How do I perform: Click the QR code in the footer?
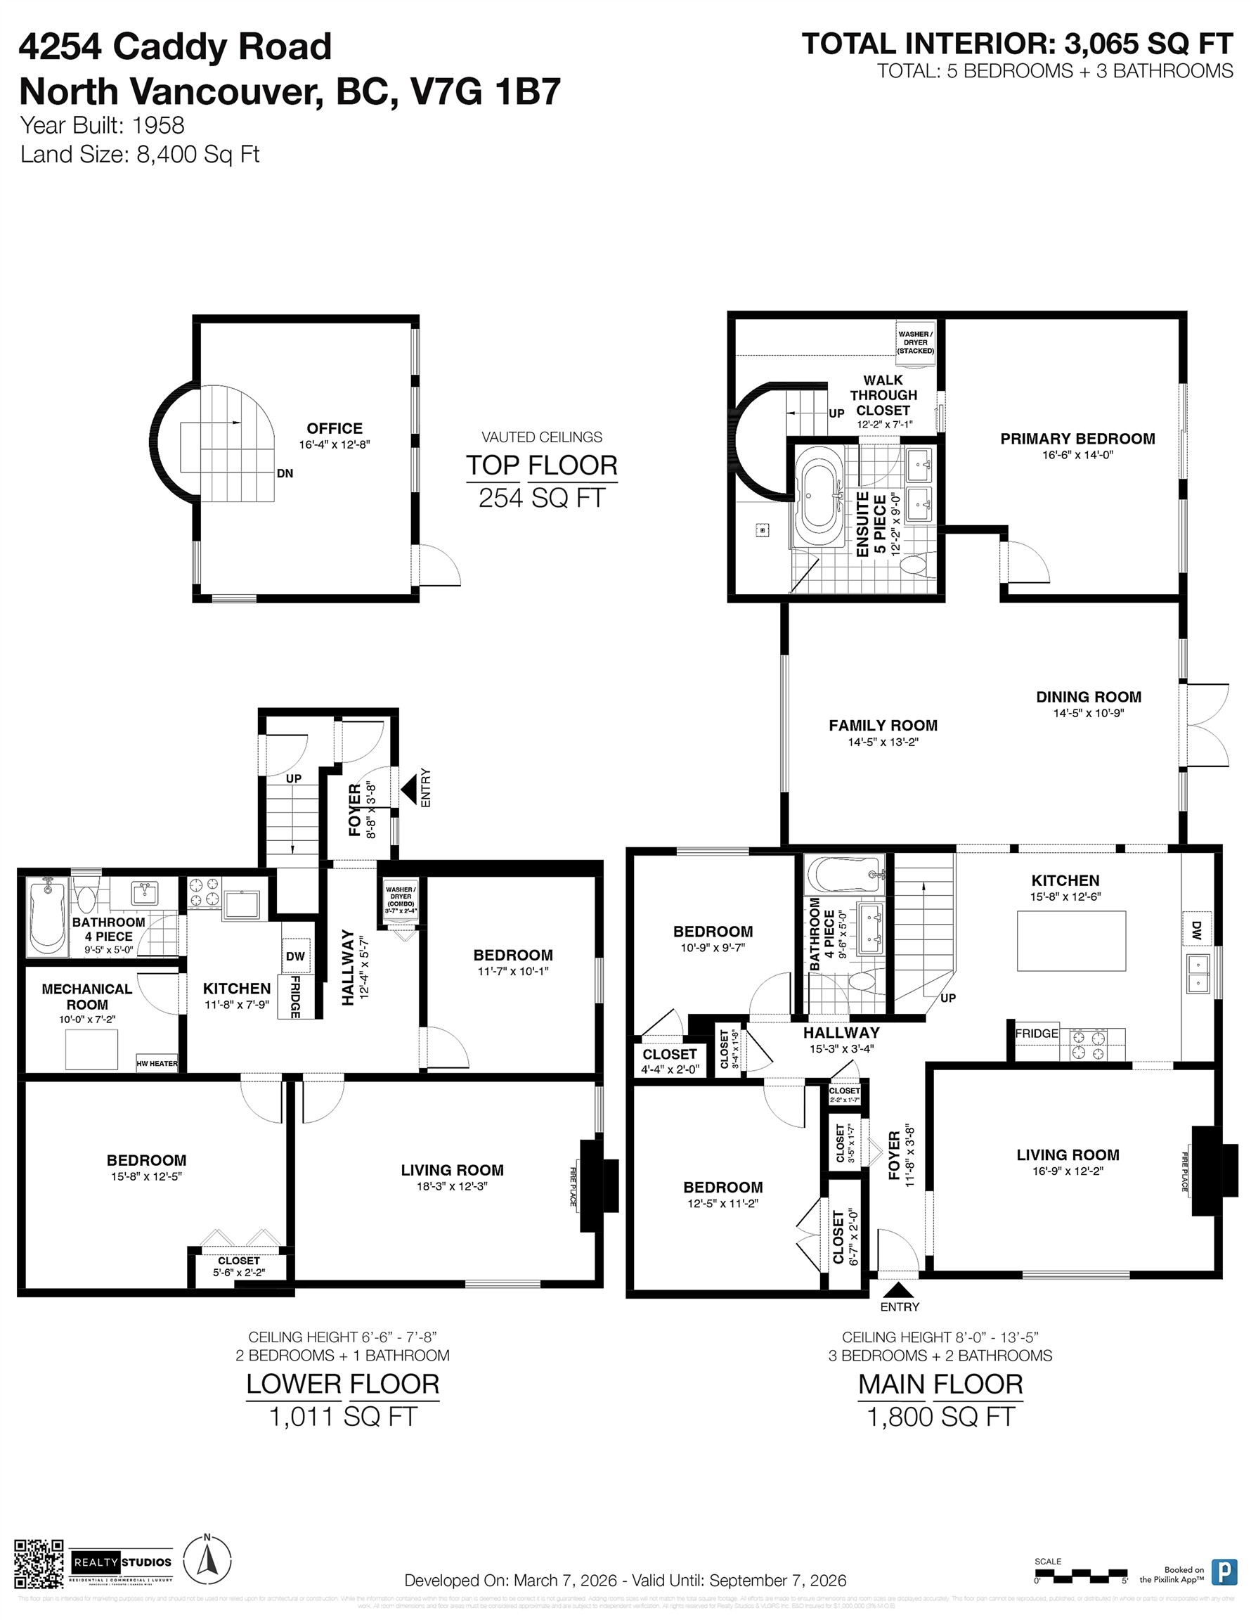[39, 1562]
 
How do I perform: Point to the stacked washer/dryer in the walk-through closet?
[915, 342]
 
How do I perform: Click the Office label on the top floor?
[335, 429]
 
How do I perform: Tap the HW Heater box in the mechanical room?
[157, 1063]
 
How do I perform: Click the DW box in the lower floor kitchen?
[295, 956]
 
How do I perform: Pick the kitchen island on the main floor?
[1071, 941]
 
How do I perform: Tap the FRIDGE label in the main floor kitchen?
[1036, 1034]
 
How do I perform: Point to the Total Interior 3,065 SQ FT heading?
[1017, 44]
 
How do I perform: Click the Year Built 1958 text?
[103, 125]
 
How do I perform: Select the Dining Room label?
[1088, 697]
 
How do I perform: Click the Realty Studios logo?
[122, 1562]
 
